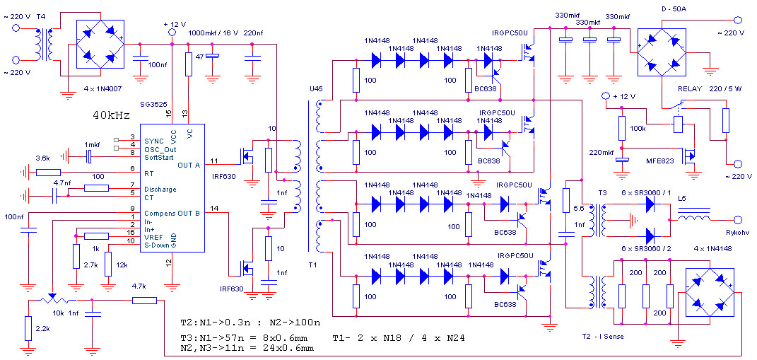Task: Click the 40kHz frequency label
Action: (x=111, y=116)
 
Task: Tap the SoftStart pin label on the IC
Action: (x=160, y=158)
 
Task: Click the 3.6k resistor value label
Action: (x=42, y=158)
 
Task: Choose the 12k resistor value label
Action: (x=122, y=266)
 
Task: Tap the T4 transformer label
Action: (x=42, y=16)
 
